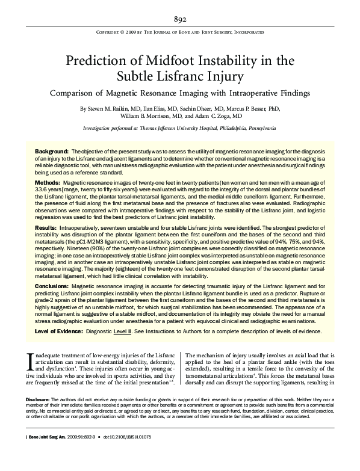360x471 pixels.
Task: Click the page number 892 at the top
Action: [180, 19]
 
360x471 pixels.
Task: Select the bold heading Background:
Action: [52, 150]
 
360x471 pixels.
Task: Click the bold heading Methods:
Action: [48, 182]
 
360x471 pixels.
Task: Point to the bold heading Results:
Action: [46, 229]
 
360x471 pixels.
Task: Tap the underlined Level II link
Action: [123, 331]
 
